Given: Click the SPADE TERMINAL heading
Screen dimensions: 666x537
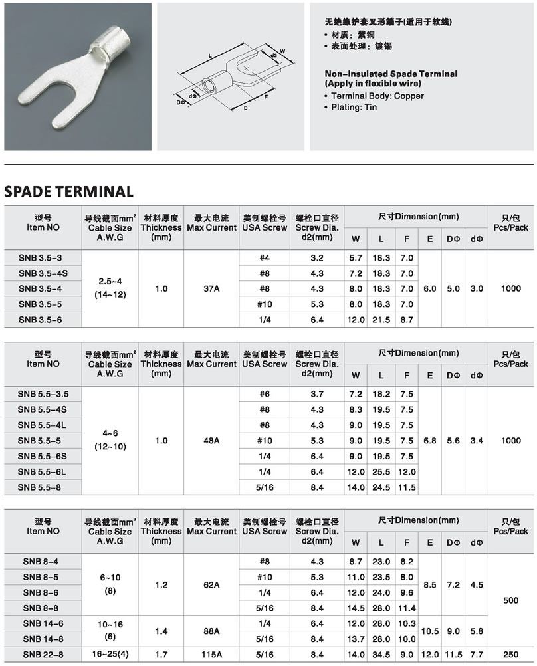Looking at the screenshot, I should click(68, 191).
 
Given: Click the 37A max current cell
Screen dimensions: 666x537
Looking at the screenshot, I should click(211, 288).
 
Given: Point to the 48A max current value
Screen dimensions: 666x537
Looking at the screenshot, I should click(211, 440).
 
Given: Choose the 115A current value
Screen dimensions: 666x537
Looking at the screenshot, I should click(211, 654).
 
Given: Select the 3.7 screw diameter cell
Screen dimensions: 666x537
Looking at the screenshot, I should click(317, 394).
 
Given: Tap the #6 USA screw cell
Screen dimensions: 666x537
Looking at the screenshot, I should click(265, 394).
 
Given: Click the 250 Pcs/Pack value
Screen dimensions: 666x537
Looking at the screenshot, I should click(510, 654).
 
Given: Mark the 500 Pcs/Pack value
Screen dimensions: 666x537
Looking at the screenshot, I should click(510, 600).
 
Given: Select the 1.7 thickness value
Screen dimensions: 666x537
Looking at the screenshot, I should click(161, 654).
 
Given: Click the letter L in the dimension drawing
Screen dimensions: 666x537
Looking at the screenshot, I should click(210, 56).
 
